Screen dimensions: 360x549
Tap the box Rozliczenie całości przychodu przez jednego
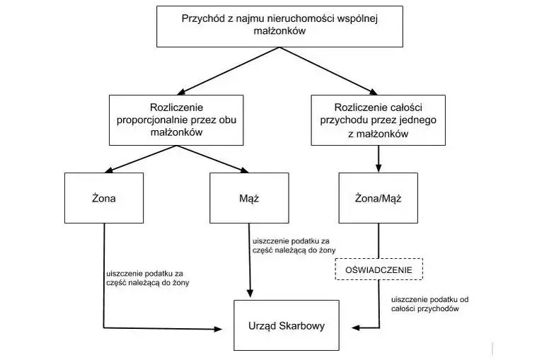tap(378, 120)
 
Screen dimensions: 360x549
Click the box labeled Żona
tap(103, 198)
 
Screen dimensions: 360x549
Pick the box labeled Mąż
tap(249, 198)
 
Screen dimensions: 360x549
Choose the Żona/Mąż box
tap(378, 198)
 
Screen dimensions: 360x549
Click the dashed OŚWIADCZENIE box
tap(378, 270)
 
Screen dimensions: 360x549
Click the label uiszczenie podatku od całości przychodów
tap(429, 304)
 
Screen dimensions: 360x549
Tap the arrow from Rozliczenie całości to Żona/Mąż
tap(378, 159)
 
